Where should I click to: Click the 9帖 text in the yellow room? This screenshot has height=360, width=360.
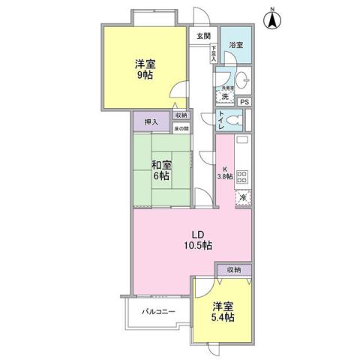point(145,76)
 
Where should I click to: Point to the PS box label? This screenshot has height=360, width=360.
point(246,102)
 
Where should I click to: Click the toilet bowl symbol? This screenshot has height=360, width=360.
point(235,121)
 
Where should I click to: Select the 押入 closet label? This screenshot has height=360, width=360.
point(151,120)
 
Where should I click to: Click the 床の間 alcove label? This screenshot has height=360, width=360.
point(181,128)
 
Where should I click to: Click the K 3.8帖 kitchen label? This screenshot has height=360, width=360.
point(224,172)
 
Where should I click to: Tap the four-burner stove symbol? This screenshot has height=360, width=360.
point(242,178)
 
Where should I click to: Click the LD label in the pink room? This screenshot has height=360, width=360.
point(193,232)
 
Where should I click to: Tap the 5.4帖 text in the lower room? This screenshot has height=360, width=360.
point(222,318)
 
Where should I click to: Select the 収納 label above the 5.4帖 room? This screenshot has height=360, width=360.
point(232,269)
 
